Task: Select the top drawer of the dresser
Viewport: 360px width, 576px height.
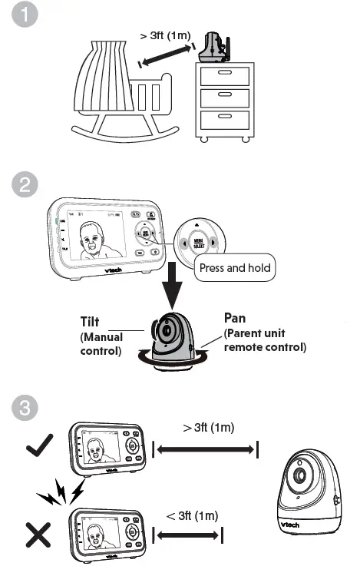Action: [x=223, y=75]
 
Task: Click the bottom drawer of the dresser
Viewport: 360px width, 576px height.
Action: [x=223, y=118]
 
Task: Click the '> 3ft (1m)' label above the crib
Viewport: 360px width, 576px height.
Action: [x=164, y=35]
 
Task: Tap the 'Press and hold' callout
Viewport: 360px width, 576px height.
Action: [x=235, y=268]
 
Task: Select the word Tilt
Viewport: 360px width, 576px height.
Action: [x=93, y=322]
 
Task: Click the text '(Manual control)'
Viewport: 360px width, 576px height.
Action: [x=101, y=345]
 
